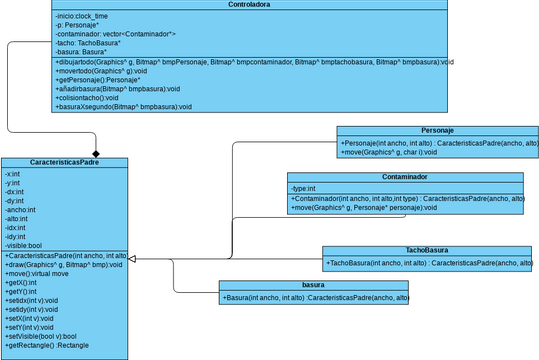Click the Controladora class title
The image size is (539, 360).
point(251,5)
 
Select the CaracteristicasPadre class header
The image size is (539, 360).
point(64,162)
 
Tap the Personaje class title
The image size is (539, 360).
point(438,131)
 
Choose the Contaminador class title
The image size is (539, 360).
point(404,177)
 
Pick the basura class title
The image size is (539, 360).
point(314,285)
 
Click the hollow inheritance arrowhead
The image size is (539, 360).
point(134,259)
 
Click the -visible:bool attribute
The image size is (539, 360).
point(24,244)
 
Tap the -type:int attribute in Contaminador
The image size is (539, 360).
point(304,188)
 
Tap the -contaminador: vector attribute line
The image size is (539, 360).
point(116,34)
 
